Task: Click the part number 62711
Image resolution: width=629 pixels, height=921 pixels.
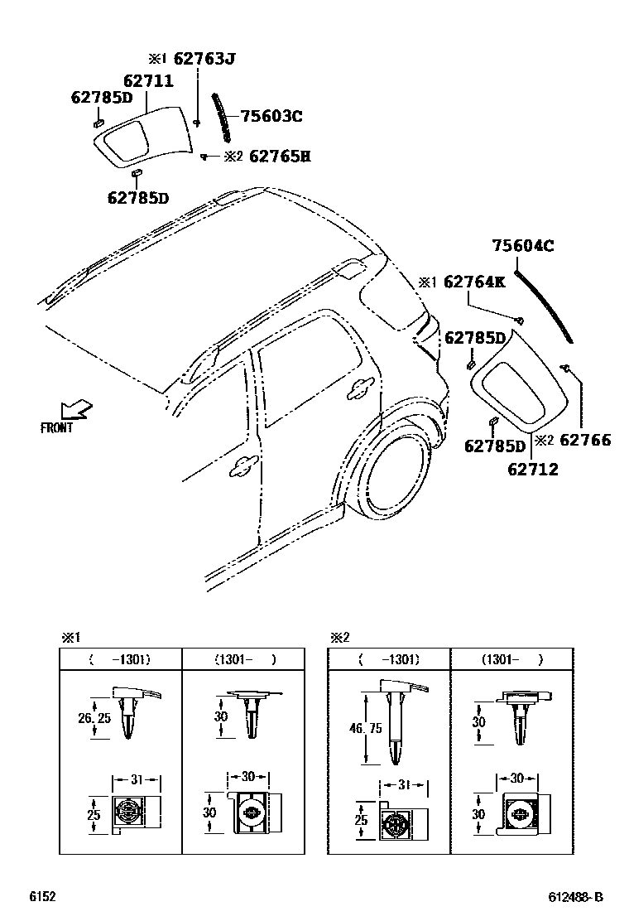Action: [x=148, y=81]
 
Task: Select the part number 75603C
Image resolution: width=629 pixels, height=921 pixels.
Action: [x=271, y=117]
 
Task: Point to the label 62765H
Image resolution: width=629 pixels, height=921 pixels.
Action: [x=279, y=156]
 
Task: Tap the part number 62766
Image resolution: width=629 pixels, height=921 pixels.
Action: [x=585, y=440]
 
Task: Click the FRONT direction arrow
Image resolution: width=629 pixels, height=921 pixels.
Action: [x=76, y=410]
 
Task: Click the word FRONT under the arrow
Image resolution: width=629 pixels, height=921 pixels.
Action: [x=57, y=428]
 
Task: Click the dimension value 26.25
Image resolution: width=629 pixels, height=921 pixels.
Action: [x=94, y=718]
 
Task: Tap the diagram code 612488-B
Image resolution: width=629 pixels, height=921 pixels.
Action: [x=575, y=897]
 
